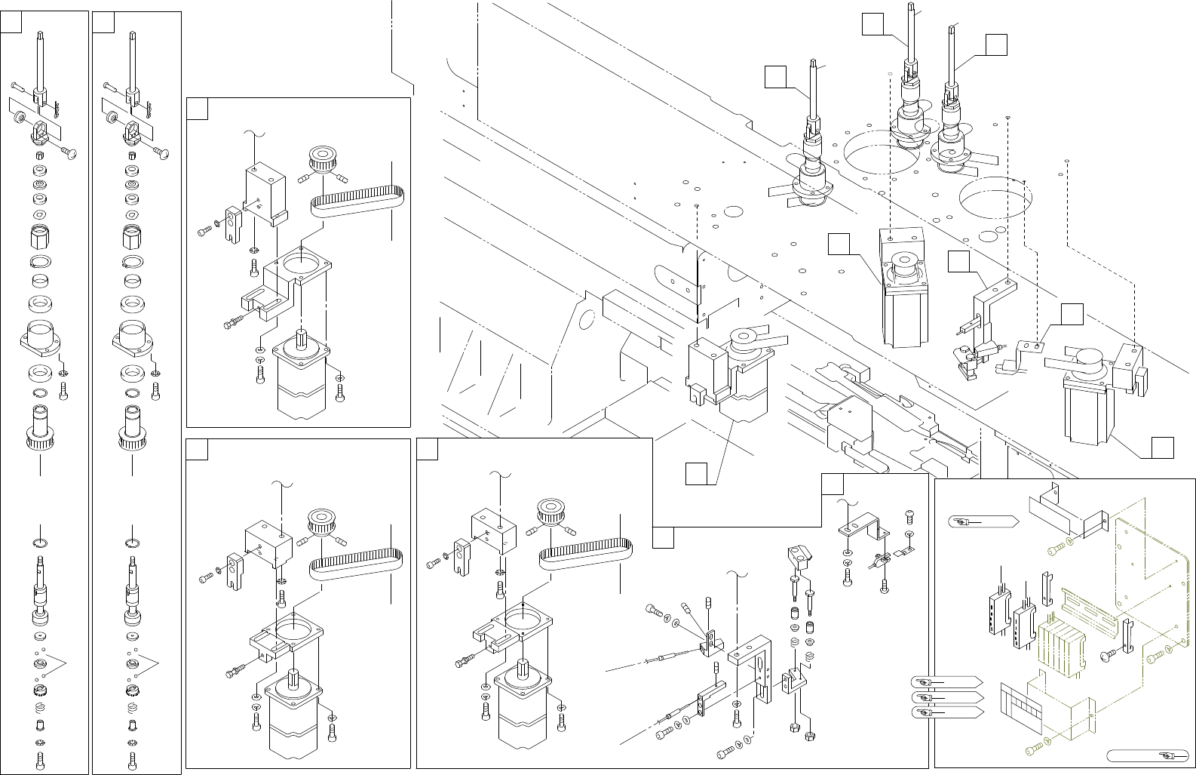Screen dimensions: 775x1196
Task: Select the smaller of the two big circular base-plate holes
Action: click(995, 196)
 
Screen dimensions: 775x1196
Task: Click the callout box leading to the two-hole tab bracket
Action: click(1072, 314)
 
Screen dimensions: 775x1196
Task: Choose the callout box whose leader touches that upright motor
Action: click(839, 244)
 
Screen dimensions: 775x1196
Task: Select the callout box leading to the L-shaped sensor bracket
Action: click(959, 261)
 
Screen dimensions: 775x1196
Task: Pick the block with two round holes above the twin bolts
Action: click(799, 558)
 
